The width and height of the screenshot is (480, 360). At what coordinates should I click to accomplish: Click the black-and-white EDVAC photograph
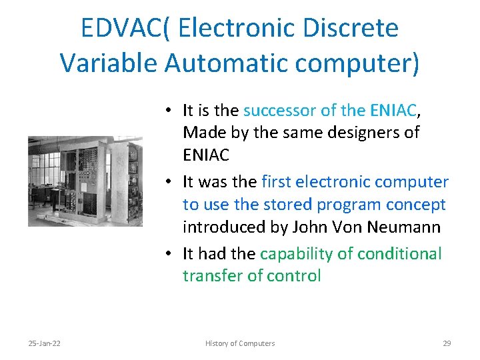click(x=85, y=181)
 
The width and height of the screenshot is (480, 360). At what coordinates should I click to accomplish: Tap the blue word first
click(x=277, y=181)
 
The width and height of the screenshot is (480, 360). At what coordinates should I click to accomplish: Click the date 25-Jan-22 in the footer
click(x=44, y=343)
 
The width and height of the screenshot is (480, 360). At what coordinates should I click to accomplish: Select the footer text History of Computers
click(x=239, y=343)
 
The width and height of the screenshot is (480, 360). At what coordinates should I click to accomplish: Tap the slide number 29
click(x=447, y=343)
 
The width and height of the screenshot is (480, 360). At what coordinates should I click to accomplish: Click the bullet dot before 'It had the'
click(x=171, y=254)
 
